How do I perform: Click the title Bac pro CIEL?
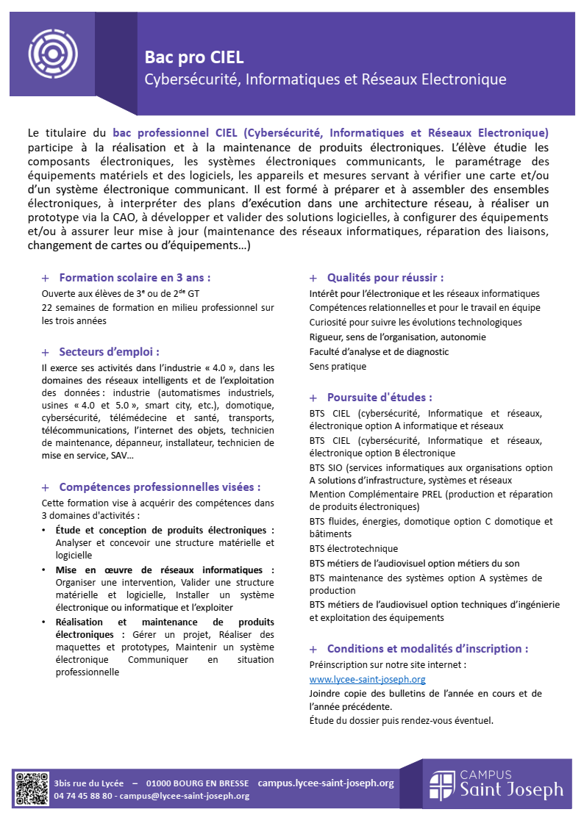[x=193, y=57]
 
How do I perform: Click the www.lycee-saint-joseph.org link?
[x=357, y=680]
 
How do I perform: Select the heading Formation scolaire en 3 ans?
[x=135, y=278]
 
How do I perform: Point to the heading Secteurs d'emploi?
[x=109, y=352]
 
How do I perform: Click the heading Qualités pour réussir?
[x=385, y=278]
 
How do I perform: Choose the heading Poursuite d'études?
[x=380, y=398]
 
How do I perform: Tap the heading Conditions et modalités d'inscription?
[x=427, y=649]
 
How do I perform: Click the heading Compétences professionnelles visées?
[x=159, y=487]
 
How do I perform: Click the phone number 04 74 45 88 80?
[x=83, y=796]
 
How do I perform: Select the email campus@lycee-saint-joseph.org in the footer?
[x=185, y=796]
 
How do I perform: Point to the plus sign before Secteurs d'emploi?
[x=46, y=353]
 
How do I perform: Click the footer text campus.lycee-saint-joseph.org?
[x=326, y=783]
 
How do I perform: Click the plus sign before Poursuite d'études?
[x=313, y=398]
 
